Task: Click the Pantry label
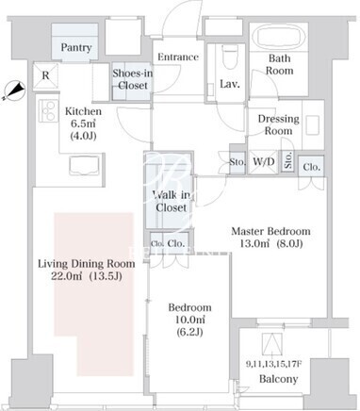coord(76,47)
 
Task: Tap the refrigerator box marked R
coord(46,75)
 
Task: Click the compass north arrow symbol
coord(14,90)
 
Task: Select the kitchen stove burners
coord(48,110)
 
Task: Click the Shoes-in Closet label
coord(133,79)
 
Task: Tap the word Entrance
coord(178,57)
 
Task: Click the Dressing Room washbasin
coord(313,124)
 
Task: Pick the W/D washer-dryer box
coord(264,161)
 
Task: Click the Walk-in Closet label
coord(172,201)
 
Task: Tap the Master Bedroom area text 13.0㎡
coord(254,243)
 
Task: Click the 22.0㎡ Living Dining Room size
coord(67,276)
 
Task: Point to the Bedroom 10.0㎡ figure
coord(190,320)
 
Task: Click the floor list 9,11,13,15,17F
coord(274,364)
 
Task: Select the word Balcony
coord(279,379)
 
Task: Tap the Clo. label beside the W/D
coord(312,167)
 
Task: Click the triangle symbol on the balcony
coord(272,344)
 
